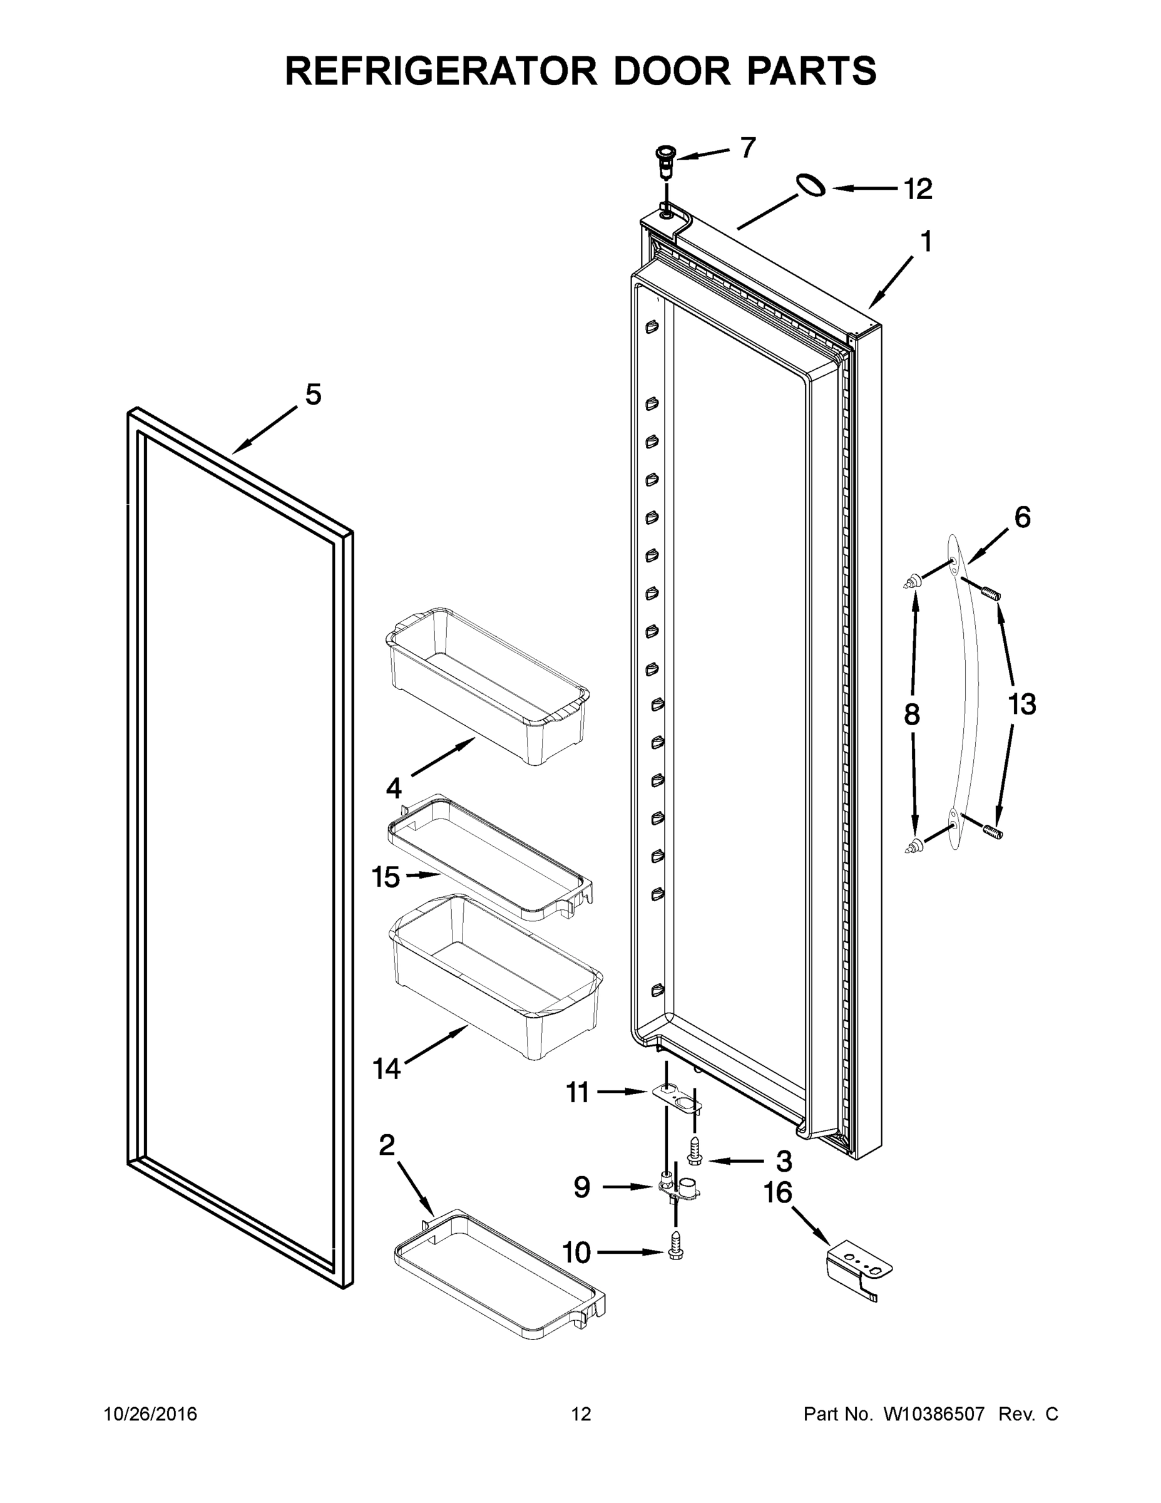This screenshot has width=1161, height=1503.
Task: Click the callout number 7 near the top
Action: (748, 147)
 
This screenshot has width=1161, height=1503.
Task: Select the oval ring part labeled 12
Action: (811, 186)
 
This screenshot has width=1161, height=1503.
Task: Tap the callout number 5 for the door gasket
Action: (313, 395)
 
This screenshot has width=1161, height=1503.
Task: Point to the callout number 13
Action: (1021, 704)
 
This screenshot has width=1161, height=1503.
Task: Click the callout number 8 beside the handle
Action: (911, 716)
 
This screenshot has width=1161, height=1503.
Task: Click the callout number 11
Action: (578, 1092)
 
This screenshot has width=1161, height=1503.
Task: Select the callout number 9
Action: (582, 1187)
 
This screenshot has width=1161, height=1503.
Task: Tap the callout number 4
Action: (394, 787)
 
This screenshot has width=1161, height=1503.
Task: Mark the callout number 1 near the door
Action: (926, 242)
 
